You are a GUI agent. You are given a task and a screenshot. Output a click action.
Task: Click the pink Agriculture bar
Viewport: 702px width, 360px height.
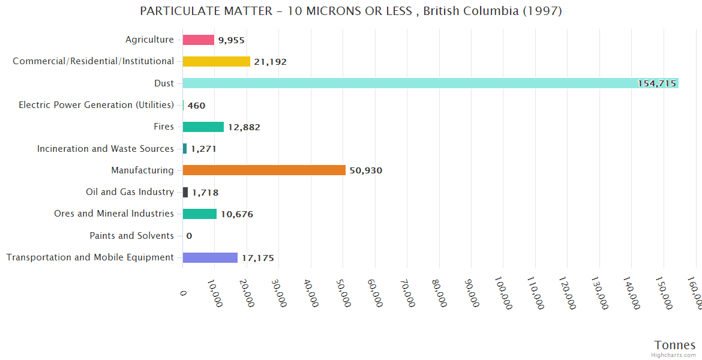tap(198, 40)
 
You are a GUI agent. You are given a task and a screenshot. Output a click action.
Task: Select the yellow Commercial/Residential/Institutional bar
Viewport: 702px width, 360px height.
tap(216, 61)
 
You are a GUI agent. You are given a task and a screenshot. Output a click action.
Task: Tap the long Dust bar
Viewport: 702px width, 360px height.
tap(420, 83)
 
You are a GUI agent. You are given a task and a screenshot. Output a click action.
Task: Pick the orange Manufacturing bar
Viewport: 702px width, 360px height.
tap(264, 170)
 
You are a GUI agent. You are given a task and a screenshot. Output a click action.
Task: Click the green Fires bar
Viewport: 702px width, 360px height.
tap(203, 127)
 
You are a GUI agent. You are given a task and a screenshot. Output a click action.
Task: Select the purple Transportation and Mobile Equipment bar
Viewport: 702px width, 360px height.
tap(210, 257)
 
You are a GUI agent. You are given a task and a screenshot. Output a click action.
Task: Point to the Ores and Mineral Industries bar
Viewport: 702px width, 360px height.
tap(199, 214)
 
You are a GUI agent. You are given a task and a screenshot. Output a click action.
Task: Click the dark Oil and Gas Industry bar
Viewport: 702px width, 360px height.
tap(185, 192)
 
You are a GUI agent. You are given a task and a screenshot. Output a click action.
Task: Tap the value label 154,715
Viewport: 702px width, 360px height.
tap(657, 83)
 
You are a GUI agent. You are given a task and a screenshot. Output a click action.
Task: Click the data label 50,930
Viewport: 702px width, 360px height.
tap(366, 170)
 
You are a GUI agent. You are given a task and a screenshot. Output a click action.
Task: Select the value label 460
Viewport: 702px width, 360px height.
tap(196, 106)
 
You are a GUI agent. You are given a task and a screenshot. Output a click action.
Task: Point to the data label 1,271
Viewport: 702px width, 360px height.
tap(203, 149)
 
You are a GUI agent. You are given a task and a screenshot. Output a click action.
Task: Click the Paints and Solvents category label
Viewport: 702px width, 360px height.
tap(131, 236)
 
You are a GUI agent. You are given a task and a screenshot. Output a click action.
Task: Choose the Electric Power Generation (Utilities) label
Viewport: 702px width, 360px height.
tap(96, 105)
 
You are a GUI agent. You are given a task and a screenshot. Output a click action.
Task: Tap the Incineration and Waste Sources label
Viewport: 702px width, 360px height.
tap(105, 149)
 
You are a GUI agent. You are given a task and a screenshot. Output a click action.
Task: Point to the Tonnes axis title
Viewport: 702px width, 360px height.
tap(675, 345)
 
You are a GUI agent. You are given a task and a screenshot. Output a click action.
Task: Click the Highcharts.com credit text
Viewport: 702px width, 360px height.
tap(674, 355)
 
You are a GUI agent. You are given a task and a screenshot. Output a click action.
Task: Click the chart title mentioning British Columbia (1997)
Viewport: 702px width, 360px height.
tap(351, 11)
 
